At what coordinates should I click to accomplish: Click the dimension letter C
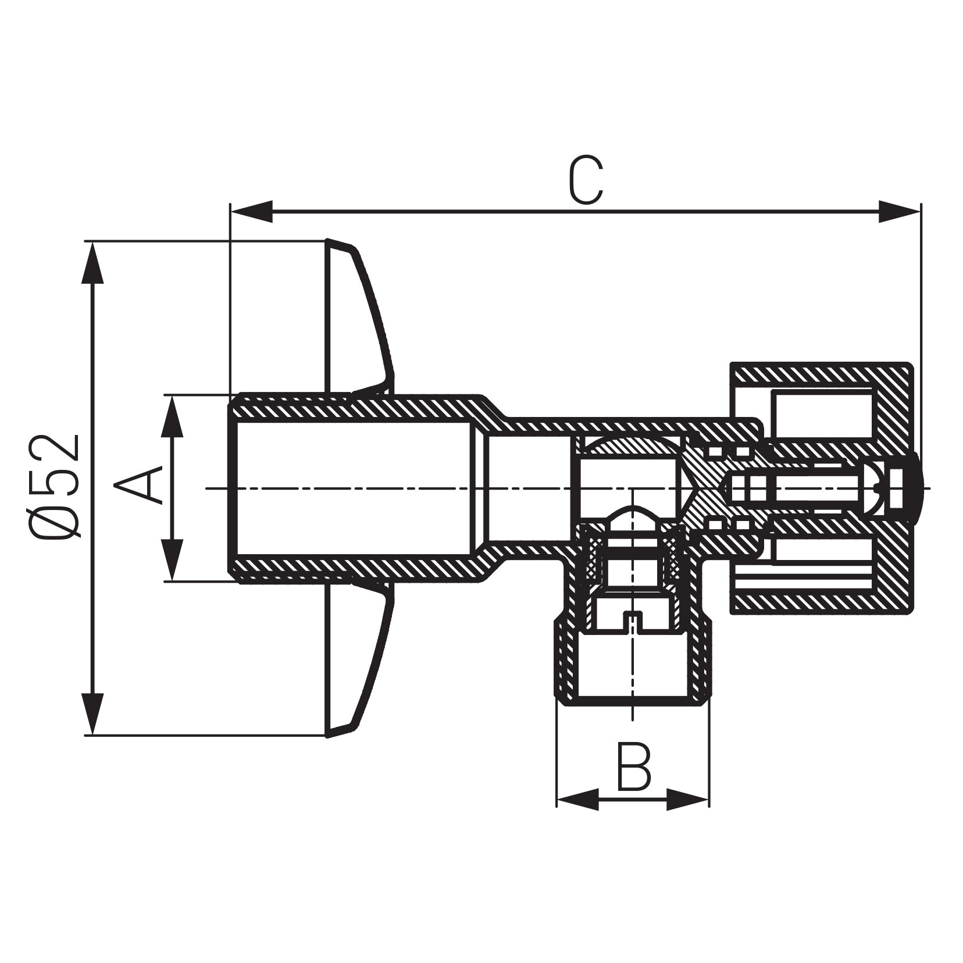pyautogui.click(x=586, y=181)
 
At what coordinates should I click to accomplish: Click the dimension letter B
pyautogui.click(x=633, y=767)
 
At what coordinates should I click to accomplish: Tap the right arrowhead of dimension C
pyautogui.click(x=899, y=212)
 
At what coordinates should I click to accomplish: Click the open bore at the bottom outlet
pyautogui.click(x=633, y=669)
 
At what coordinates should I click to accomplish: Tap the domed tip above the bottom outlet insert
pyautogui.click(x=633, y=514)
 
